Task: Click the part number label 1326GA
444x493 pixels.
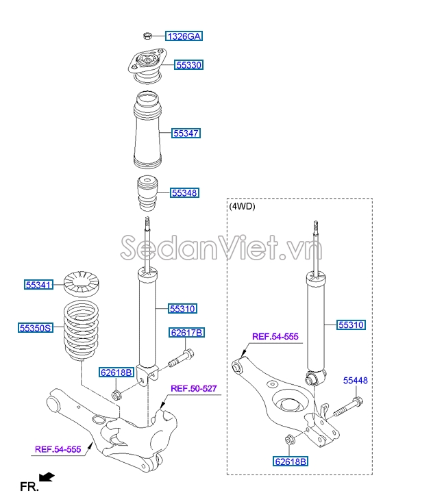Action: (x=184, y=36)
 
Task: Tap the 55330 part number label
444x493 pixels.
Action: (x=188, y=65)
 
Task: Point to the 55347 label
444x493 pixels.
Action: (x=186, y=134)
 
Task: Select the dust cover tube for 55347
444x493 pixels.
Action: (x=147, y=133)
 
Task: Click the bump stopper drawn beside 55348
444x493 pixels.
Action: (x=146, y=196)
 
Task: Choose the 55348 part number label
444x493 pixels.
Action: (x=184, y=193)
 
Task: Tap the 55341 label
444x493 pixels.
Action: (x=38, y=284)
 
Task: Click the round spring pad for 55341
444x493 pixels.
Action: (x=82, y=281)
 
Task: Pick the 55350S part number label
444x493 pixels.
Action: (x=36, y=328)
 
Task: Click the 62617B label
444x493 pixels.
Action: (x=187, y=333)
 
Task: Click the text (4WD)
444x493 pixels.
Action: (x=242, y=206)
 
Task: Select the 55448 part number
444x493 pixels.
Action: (x=356, y=380)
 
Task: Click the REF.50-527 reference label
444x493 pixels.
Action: (x=194, y=389)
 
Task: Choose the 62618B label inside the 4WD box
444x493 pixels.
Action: (x=291, y=462)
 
